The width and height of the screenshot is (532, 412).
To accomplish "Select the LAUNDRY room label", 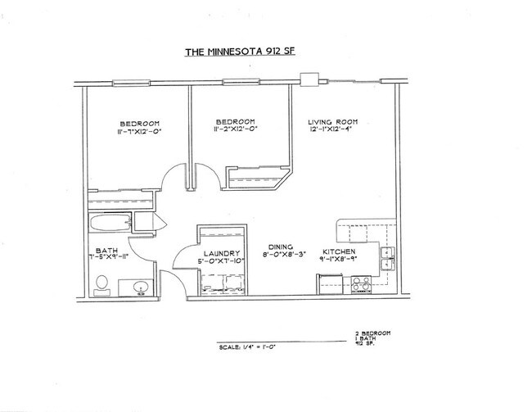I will coord(222,253).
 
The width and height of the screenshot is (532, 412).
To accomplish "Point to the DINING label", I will coord(282,245).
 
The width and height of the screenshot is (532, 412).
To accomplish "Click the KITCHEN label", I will coord(338,251).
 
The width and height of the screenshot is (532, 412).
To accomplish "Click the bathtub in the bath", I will coord(110,223).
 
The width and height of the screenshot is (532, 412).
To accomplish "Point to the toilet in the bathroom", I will coord(102,285).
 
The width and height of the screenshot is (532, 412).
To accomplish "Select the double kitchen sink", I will coord(387,262).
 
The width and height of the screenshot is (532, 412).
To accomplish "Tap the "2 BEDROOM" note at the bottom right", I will coord(372,333).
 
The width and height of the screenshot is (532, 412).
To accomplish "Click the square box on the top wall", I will coord(309,80).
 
